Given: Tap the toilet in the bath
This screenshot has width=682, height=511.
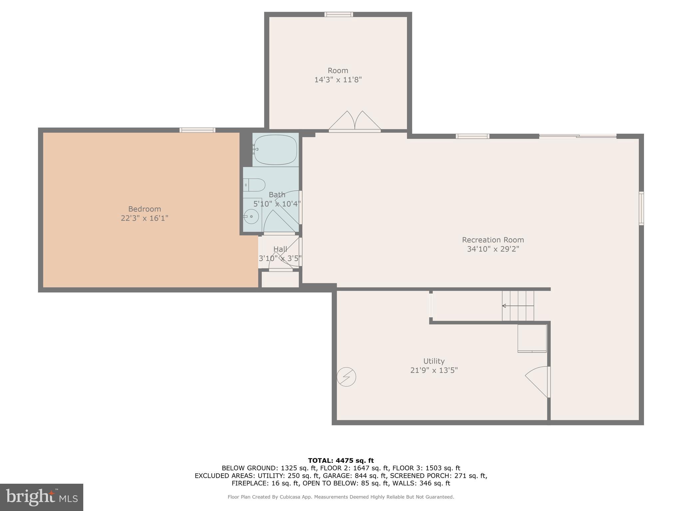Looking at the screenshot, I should point(254,185).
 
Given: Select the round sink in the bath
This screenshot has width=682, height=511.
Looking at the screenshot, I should point(251,217).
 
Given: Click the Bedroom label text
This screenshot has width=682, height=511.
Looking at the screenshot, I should point(145,209).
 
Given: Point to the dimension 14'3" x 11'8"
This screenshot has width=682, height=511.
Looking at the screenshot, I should point(338,80).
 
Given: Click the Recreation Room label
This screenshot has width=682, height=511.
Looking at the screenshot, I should point(493,240).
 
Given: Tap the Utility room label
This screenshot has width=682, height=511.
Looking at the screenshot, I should point(434,361).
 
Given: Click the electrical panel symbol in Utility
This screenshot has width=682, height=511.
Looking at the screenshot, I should point(346,377).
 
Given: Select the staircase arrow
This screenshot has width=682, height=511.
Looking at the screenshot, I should point(518,306).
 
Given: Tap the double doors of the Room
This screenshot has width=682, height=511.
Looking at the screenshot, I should point(355,121).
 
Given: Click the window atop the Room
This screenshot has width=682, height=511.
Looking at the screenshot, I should point(339,14).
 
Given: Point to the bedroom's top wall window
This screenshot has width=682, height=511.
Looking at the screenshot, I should point(197,130).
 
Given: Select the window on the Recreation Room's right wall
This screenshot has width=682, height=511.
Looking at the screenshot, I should point(641,208).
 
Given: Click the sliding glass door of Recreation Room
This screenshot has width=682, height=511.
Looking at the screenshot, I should point(578,136).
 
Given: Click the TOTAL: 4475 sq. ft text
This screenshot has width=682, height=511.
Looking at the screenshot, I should point(341,461).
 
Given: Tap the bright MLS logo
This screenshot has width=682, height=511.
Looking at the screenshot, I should point(42,497).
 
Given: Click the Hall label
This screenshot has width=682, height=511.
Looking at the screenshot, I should point(280,249).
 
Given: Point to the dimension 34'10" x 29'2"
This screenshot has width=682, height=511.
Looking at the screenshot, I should point(493,249).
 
